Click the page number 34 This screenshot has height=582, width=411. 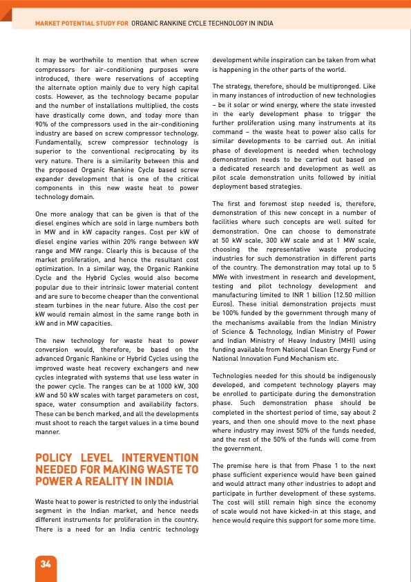point(46,563)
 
